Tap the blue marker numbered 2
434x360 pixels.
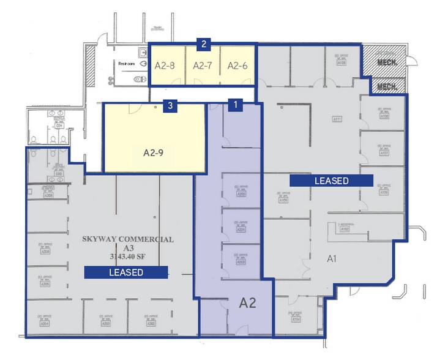(x=203, y=43)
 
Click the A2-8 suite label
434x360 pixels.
(x=165, y=65)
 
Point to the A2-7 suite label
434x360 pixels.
(x=203, y=65)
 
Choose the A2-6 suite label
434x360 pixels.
(x=237, y=65)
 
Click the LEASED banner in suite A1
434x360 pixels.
(x=331, y=181)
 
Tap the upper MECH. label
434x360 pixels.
(x=387, y=63)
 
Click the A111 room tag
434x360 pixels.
(x=336, y=119)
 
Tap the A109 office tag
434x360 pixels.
(x=342, y=62)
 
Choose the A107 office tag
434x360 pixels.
(x=384, y=152)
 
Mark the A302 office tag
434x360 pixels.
(x=151, y=323)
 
